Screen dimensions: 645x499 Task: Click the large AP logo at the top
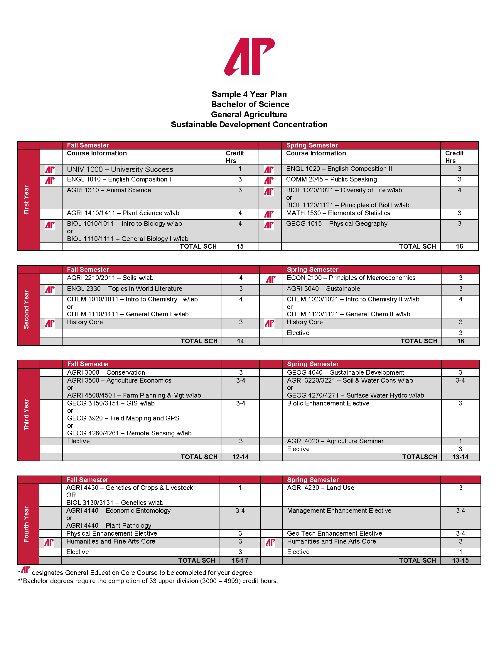(249, 56)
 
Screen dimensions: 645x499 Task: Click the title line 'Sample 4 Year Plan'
(249, 94)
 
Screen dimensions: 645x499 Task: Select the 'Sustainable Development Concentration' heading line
(249, 125)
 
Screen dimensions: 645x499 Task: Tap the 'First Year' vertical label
(27, 200)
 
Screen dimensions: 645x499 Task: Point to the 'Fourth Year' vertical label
(27, 524)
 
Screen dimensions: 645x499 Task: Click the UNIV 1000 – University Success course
(120, 169)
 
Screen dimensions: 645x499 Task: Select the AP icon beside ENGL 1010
(50, 180)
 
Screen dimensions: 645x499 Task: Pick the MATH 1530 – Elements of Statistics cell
(338, 213)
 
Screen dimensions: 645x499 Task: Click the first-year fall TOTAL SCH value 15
(240, 246)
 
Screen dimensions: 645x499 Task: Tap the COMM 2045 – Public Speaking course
(331, 179)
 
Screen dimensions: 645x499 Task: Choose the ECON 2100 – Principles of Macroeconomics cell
(351, 278)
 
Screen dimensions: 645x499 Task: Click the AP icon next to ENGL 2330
(50, 290)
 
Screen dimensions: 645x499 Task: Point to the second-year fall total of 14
(240, 341)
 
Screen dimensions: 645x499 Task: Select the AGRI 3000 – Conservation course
(106, 372)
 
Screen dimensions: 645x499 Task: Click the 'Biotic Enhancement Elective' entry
(328, 403)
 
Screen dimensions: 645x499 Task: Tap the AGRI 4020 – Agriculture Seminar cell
(335, 441)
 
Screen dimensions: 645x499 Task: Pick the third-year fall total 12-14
(240, 457)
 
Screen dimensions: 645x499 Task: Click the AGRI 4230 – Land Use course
(321, 488)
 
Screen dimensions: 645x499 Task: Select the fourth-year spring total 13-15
(460, 560)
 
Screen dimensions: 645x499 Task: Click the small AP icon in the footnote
(26, 570)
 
